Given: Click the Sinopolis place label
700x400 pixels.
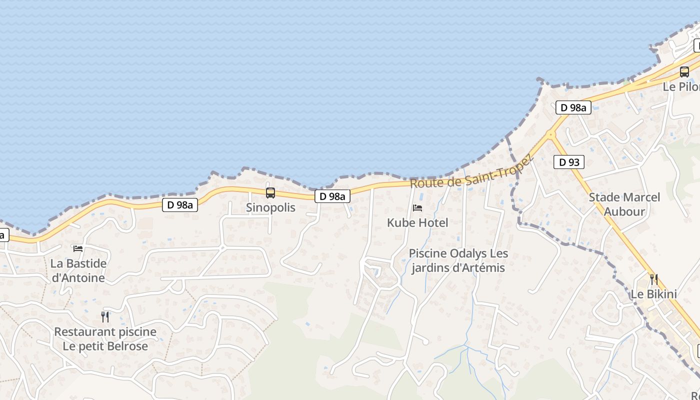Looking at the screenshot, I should click(x=270, y=207).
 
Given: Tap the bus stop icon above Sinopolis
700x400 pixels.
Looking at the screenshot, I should click(x=270, y=192).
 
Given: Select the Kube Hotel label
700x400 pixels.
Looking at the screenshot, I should click(x=417, y=222).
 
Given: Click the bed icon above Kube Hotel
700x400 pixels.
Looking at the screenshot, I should click(x=417, y=208).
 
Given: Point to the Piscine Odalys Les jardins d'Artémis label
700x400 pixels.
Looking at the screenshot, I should click(x=458, y=260).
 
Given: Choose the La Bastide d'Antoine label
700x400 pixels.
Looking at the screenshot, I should click(x=78, y=270).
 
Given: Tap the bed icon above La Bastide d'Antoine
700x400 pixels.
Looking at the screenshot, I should click(x=78, y=248).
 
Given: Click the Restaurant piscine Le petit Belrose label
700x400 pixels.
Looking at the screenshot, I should click(x=105, y=338).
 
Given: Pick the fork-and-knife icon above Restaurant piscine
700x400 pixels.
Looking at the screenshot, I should click(x=105, y=316).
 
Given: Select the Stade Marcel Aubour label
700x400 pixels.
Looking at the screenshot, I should click(x=624, y=204).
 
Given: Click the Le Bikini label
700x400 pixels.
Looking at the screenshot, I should click(x=653, y=294).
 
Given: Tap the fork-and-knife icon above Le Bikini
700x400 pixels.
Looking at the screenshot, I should click(x=653, y=279).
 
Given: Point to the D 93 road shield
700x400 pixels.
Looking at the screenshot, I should click(x=569, y=162).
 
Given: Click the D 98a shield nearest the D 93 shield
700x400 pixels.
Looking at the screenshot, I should click(x=573, y=107).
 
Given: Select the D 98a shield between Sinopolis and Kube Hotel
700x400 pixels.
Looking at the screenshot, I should click(x=332, y=196).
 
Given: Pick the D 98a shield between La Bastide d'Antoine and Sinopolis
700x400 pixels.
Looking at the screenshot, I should click(x=180, y=204).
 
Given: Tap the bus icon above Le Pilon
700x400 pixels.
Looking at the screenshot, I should click(x=684, y=72).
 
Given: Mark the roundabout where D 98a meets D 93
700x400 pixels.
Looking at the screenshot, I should click(x=551, y=134).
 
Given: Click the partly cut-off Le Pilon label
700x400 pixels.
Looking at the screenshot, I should click(x=681, y=86).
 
